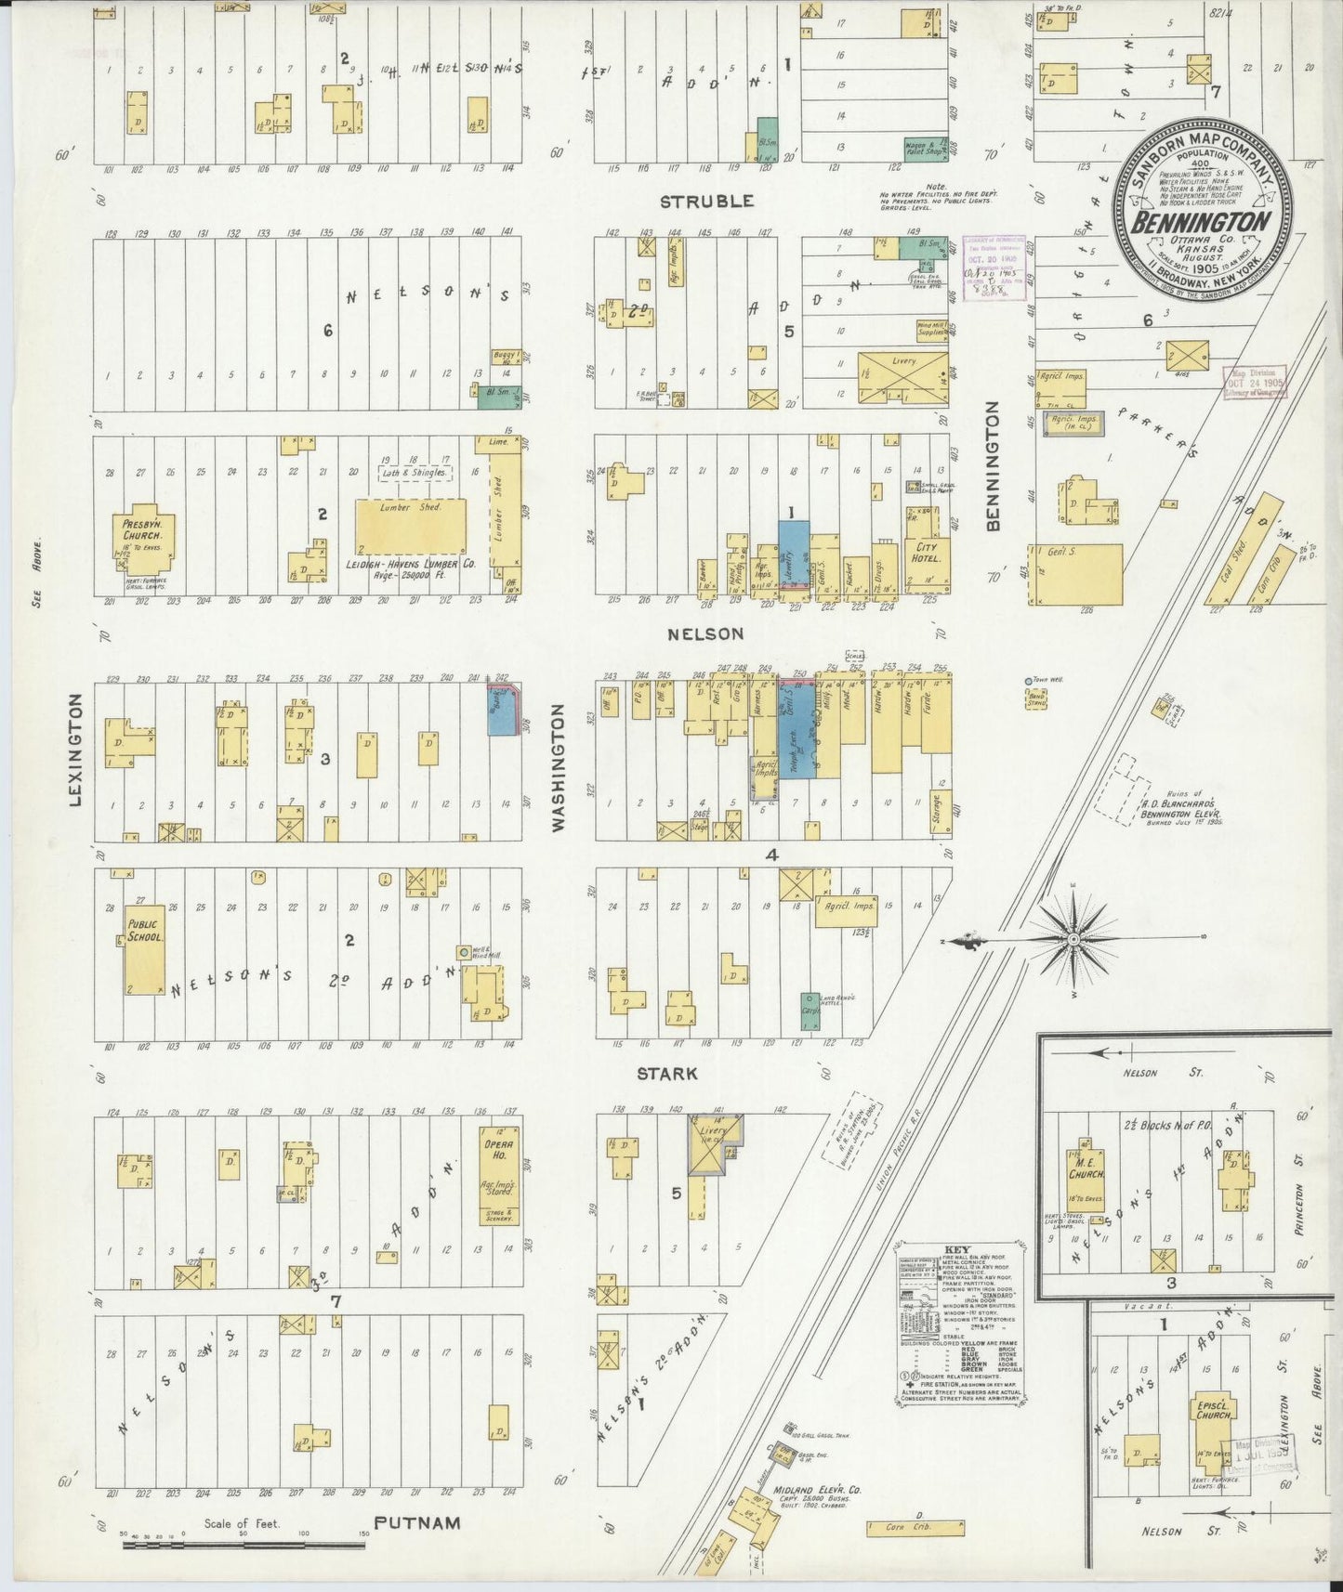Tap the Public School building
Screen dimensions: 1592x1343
144,947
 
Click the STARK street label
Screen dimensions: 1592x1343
667,1074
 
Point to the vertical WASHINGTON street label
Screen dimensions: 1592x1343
559,766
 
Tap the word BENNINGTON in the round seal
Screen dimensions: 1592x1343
1200,222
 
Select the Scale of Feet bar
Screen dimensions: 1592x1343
244,1546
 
